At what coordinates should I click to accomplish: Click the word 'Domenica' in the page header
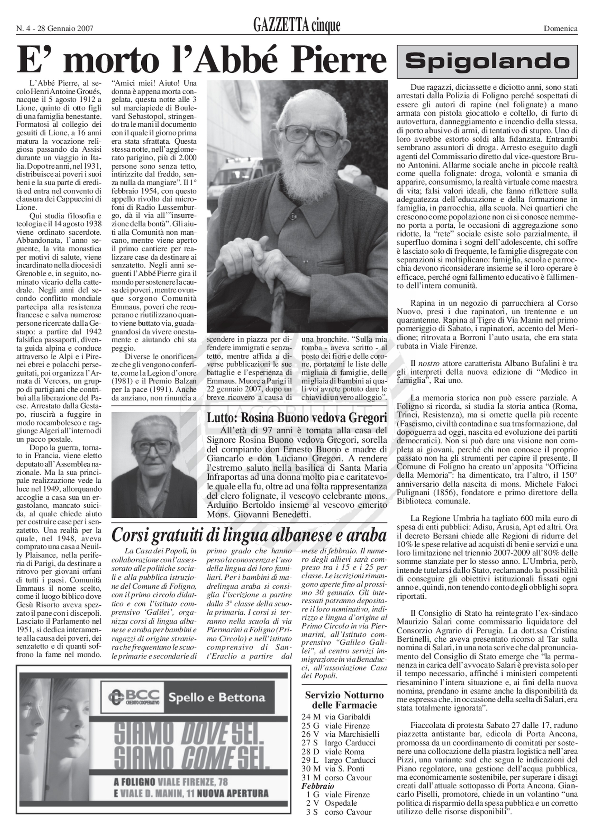click(560, 28)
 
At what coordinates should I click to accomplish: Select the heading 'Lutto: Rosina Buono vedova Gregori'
click(297, 418)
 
